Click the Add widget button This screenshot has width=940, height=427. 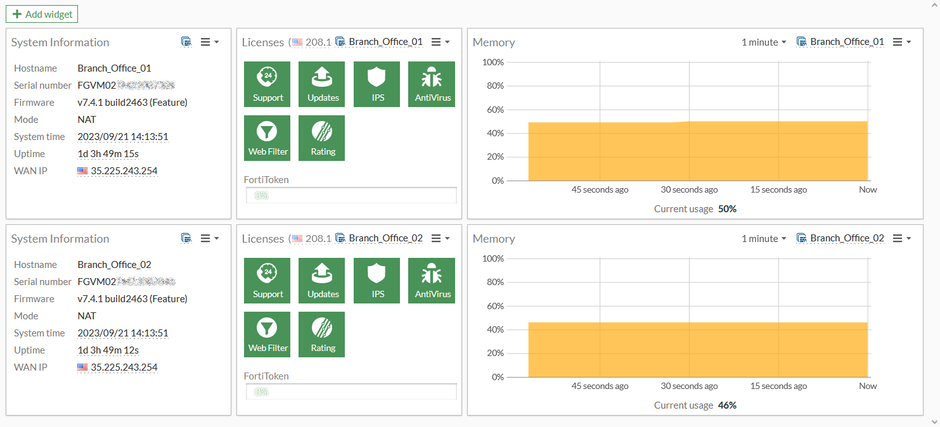(42, 14)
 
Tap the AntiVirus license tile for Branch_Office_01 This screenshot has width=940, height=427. (432, 84)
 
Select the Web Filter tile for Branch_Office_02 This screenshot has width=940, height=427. (267, 335)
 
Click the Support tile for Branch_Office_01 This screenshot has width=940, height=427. (267, 84)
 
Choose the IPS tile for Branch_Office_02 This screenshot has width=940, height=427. (377, 281)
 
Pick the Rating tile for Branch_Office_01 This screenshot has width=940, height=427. (322, 138)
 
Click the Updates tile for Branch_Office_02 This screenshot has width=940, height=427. (322, 281)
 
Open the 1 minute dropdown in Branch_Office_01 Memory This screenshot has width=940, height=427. (764, 42)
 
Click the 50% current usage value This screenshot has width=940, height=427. (727, 209)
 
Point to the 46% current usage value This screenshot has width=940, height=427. (727, 405)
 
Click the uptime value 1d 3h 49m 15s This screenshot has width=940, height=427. (108, 154)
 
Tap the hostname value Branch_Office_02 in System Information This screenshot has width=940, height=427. (114, 265)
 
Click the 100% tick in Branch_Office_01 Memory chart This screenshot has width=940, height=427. (493, 62)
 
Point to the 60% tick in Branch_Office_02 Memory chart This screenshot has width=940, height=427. (495, 306)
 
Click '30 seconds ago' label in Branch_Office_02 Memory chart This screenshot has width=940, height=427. (689, 386)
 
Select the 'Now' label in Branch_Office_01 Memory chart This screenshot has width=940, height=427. (868, 190)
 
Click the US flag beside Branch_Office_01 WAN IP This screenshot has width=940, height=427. (82, 171)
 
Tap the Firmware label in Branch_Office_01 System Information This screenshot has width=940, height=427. (34, 103)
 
